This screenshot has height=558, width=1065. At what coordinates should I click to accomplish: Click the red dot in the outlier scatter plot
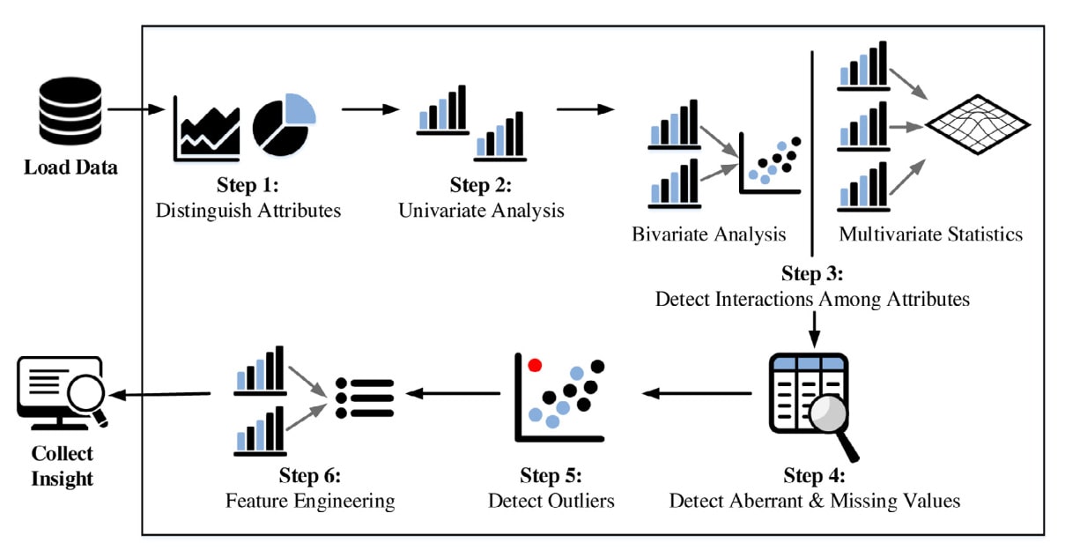[x=534, y=364]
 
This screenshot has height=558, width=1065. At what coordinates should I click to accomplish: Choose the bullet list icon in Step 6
[x=365, y=398]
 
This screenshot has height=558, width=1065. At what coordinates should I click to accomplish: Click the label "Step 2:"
[x=480, y=185]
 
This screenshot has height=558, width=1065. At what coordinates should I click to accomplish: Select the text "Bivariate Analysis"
[x=708, y=234]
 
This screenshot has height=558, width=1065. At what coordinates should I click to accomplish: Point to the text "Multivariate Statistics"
[x=930, y=234]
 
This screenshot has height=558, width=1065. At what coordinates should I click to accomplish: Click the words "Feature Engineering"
[x=309, y=501]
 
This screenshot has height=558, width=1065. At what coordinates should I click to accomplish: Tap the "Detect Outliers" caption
[x=551, y=501]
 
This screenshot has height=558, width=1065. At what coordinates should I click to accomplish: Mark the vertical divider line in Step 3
[x=811, y=145]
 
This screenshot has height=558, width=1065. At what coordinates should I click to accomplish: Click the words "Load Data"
[x=70, y=167]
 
